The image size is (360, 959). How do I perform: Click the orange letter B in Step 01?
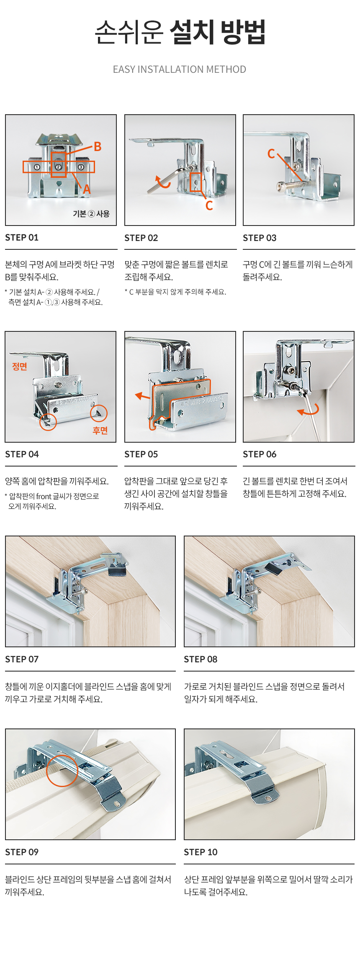98,146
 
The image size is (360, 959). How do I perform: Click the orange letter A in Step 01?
87,190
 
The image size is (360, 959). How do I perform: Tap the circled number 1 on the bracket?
37,167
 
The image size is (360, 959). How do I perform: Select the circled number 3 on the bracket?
81,167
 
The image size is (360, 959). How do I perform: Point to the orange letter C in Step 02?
209,205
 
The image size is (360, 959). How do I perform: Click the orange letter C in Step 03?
271,154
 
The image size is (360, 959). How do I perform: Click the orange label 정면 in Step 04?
20,367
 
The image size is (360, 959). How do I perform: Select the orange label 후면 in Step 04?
100,431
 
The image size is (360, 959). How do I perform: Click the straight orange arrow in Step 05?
142,396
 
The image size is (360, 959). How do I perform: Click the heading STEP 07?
22,659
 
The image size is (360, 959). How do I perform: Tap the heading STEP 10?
201,852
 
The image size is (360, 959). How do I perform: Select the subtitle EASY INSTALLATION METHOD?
180,69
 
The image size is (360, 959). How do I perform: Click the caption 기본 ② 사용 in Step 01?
91,214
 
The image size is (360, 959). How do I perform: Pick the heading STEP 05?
141,454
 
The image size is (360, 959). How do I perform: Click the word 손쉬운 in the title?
129,32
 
